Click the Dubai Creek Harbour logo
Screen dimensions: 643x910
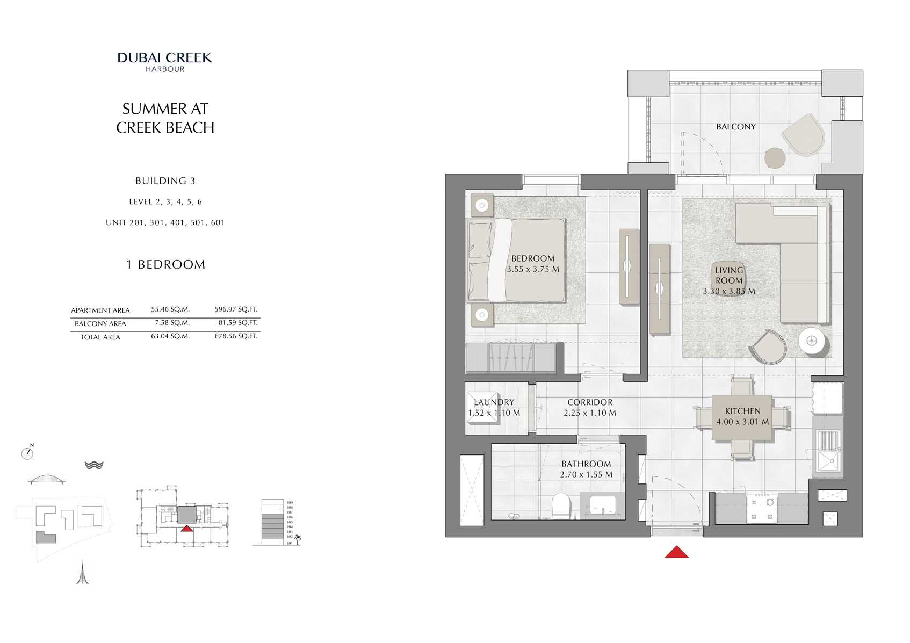(165, 61)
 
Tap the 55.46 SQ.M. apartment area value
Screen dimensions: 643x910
(170, 309)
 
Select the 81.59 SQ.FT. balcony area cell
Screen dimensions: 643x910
(236, 323)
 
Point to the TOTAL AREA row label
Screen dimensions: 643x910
(100, 337)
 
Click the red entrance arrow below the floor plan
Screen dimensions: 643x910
(676, 552)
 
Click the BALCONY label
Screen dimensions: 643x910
(735, 127)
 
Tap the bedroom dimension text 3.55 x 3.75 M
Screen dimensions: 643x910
(532, 269)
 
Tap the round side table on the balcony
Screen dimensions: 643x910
(775, 157)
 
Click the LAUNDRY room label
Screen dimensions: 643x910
(494, 402)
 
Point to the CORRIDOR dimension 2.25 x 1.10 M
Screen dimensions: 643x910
(590, 413)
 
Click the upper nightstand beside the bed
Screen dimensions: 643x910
(482, 205)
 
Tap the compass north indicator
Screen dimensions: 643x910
(27, 453)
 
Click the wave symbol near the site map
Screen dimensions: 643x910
(94, 465)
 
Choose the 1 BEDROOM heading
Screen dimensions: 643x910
(165, 264)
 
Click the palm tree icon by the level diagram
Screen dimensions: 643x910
(297, 539)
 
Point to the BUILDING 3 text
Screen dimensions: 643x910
(165, 181)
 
